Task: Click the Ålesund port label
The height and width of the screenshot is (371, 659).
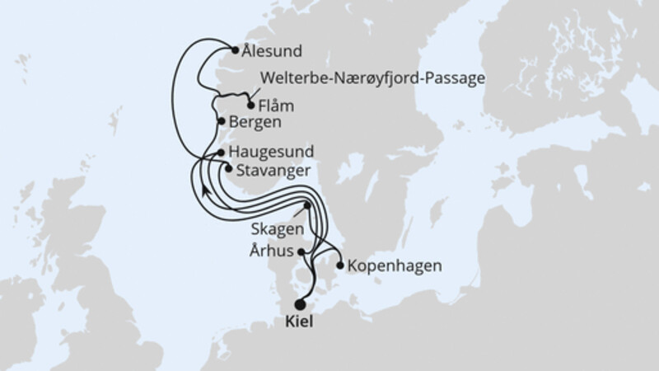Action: [273, 50]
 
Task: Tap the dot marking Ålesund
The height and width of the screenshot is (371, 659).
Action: [236, 49]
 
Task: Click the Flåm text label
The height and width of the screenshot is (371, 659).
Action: [277, 106]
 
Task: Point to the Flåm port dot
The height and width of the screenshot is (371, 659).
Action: [250, 106]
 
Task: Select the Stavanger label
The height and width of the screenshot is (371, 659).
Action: [273, 171]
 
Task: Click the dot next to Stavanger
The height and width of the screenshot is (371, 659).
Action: [228, 169]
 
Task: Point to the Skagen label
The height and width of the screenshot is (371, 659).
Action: [277, 228]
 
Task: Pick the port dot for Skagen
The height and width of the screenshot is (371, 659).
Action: [306, 205]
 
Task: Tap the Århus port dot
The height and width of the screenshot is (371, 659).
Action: [301, 251]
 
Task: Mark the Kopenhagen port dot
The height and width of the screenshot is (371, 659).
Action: [340, 265]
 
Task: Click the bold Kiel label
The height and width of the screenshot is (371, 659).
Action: [300, 324]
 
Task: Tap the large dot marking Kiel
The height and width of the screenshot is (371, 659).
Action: [300, 304]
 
